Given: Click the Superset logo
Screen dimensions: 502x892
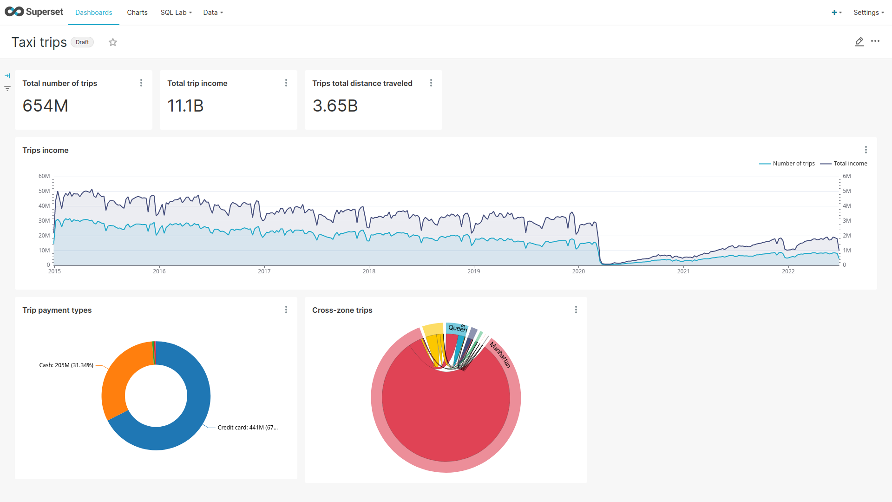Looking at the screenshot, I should [34, 12].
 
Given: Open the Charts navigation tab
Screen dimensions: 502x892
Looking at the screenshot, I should [137, 13].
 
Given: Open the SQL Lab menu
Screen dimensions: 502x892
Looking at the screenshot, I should [176, 13].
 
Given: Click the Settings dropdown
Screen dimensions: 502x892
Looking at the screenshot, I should [868, 13].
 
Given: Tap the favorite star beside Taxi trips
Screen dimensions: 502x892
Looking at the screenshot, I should [113, 42].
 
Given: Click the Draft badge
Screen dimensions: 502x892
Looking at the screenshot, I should [82, 42].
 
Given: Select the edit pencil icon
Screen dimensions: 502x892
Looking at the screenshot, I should [859, 42].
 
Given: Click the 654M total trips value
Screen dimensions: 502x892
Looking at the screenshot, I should [46, 106].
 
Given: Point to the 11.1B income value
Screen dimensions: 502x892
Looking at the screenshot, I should [185, 106].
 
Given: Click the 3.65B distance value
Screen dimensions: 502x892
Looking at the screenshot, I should [335, 106].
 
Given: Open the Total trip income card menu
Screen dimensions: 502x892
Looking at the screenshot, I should [286, 83].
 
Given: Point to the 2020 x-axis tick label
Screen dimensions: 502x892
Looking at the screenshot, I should [578, 271].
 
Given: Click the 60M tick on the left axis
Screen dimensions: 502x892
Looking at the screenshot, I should [44, 176].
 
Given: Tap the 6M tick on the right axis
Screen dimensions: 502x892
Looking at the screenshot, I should [846, 176].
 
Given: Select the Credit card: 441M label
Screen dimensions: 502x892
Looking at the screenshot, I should [248, 428].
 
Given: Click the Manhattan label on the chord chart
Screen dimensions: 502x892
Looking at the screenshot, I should [500, 355].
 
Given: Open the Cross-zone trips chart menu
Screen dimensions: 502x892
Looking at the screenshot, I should [576, 310].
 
